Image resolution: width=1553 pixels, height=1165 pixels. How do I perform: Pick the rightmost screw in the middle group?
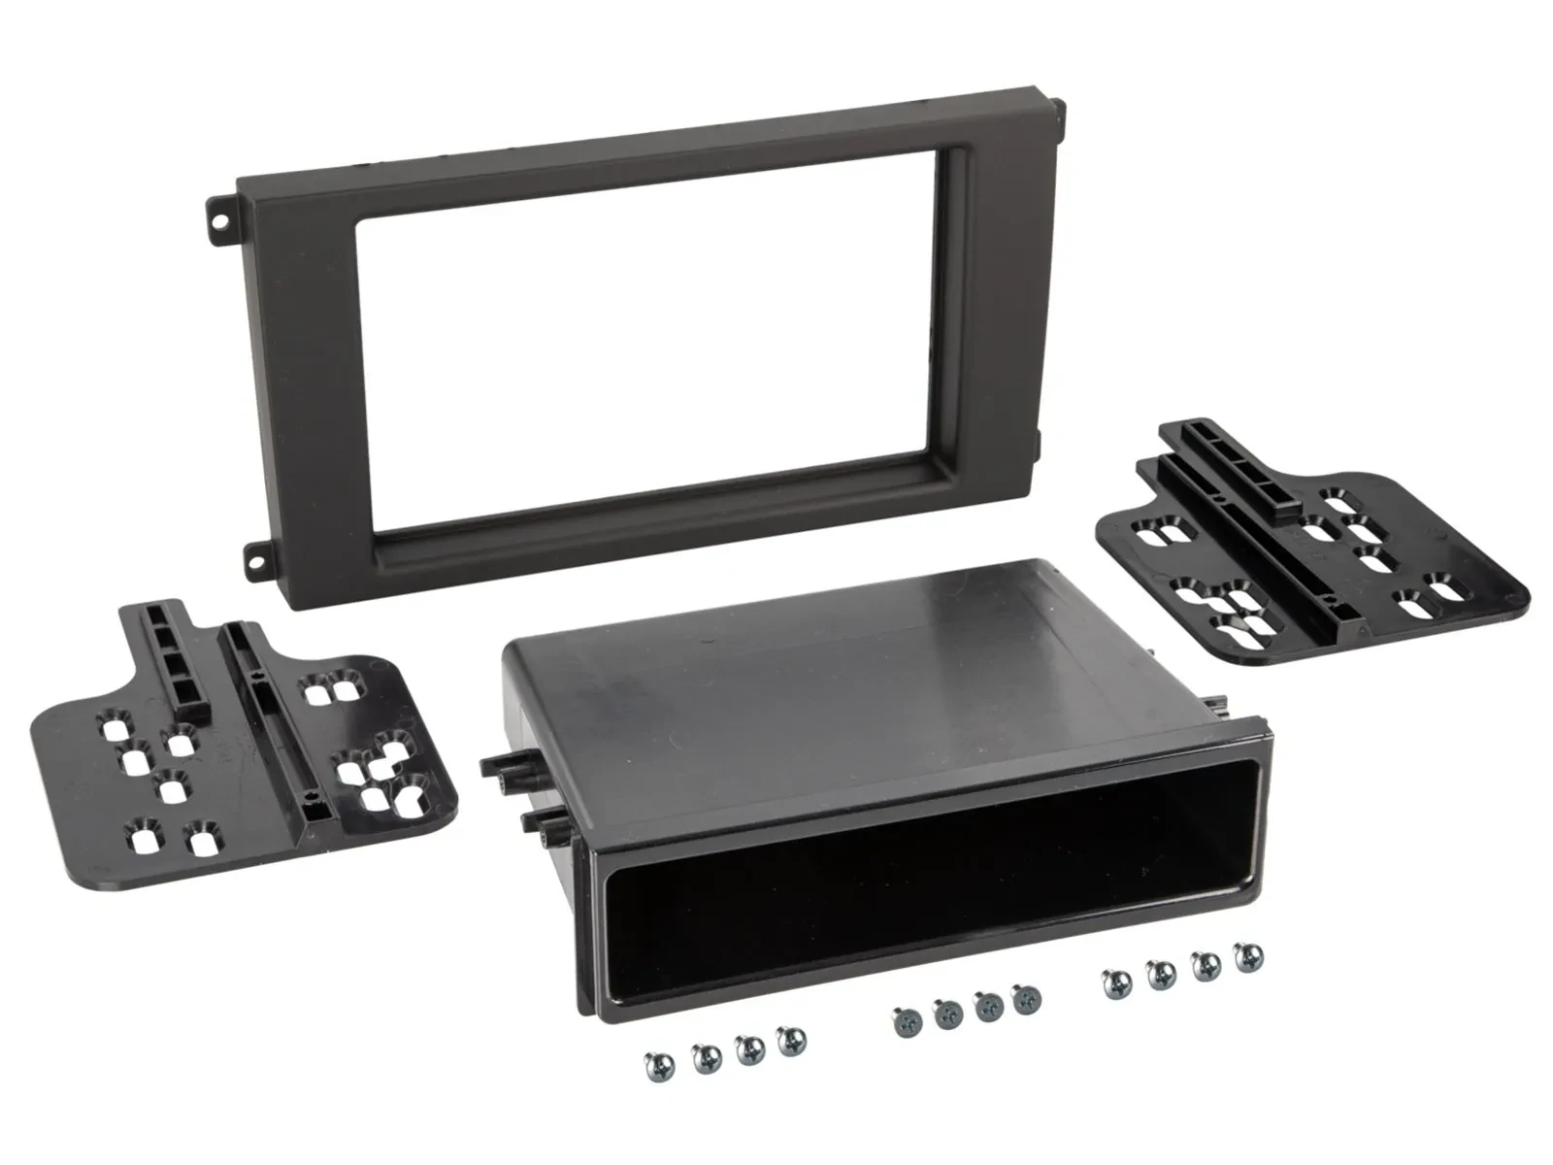click(x=1023, y=1000)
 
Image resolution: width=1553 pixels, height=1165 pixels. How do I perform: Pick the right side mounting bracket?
click(x=1310, y=553)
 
